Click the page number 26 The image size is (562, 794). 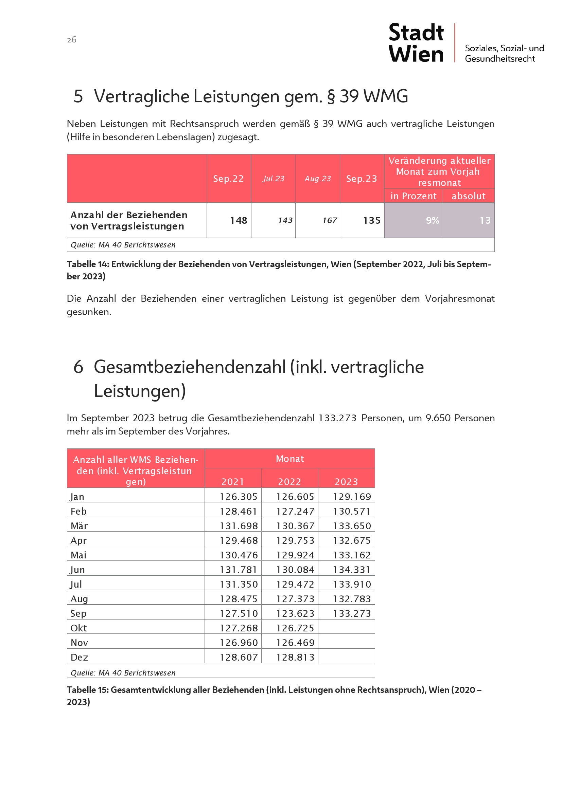click(72, 40)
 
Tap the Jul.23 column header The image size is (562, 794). click(274, 179)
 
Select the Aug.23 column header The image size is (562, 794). click(318, 179)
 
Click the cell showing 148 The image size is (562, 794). click(239, 220)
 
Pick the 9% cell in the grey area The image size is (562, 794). click(432, 220)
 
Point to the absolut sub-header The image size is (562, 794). click(469, 196)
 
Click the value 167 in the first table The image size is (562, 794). click(330, 220)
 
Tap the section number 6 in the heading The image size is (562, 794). click(78, 367)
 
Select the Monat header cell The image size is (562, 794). click(289, 459)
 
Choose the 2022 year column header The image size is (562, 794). click(289, 482)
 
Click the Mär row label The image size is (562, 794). click(79, 526)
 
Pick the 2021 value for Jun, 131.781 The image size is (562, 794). click(239, 570)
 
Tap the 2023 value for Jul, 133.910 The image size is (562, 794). click(352, 584)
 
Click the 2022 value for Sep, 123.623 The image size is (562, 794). click(295, 613)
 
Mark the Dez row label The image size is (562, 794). click(79, 657)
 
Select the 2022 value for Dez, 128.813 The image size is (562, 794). click(295, 657)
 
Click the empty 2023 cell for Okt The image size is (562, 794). click(346, 628)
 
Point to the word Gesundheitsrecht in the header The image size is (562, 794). click(500, 59)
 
